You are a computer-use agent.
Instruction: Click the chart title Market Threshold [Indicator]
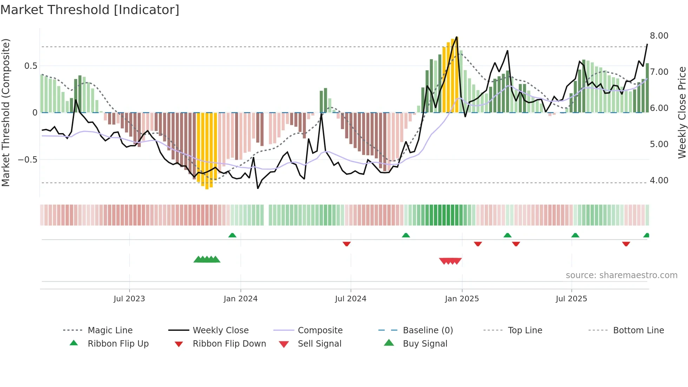(90, 10)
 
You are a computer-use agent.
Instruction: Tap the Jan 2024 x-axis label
(240, 299)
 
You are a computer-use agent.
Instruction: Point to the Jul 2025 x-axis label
(571, 299)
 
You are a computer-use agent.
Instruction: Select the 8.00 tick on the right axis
(659, 36)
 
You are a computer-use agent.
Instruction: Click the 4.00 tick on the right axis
(659, 181)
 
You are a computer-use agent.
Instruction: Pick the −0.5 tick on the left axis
(27, 160)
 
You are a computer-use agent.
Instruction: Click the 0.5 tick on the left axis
(31, 66)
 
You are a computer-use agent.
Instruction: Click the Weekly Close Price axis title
(682, 112)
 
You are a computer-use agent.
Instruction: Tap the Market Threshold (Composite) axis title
(6, 112)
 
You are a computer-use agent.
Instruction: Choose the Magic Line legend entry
(110, 330)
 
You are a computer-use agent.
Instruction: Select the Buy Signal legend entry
(425, 344)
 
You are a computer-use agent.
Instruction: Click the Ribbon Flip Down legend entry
(229, 344)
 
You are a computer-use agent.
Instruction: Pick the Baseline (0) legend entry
(428, 330)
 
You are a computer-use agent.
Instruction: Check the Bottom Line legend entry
(638, 330)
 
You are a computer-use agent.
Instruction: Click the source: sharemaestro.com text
(621, 275)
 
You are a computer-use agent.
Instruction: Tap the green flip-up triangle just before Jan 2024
(232, 235)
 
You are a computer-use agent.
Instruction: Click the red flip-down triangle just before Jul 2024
(346, 244)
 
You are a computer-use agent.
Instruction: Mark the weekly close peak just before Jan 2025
(456, 37)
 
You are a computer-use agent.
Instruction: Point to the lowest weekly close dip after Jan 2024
(258, 189)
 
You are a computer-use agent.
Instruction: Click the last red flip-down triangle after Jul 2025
(626, 244)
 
